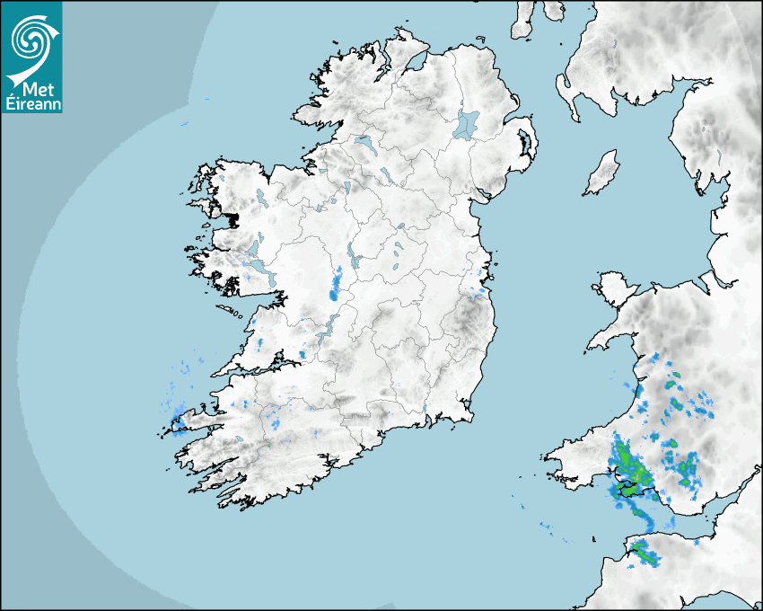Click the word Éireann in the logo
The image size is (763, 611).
pyautogui.click(x=31, y=102)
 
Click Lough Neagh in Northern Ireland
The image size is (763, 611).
pyautogui.click(x=467, y=123)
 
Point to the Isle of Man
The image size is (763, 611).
pyautogui.click(x=602, y=173)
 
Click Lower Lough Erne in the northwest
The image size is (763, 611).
pyautogui.click(x=364, y=143)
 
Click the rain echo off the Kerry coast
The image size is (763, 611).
pyautogui.click(x=178, y=419)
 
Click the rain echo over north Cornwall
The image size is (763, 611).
pyautogui.click(x=643, y=551)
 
